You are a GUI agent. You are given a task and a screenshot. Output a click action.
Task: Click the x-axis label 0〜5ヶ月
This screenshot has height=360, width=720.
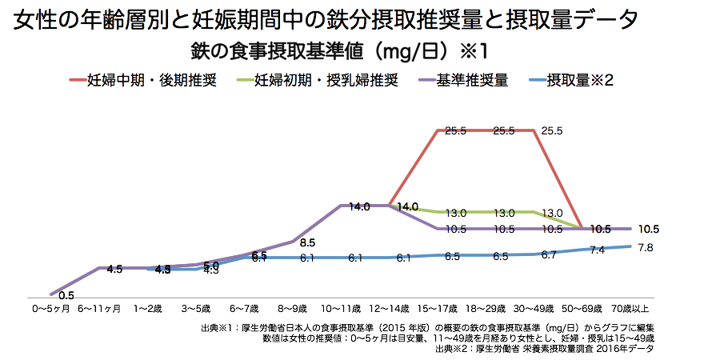click(x=51, y=307)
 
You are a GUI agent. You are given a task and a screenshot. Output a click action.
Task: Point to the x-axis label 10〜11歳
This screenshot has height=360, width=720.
click(x=340, y=307)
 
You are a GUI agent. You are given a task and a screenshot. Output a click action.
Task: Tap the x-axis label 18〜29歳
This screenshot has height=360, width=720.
click(x=486, y=307)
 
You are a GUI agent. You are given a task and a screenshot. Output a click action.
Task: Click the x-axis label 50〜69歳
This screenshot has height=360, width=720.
click(x=582, y=307)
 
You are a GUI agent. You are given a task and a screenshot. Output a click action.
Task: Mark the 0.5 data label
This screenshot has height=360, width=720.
click(x=66, y=295)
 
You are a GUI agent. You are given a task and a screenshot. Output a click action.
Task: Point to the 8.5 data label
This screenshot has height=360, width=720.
click(x=307, y=242)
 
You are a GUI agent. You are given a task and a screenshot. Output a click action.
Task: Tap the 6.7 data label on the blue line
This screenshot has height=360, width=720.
click(x=549, y=255)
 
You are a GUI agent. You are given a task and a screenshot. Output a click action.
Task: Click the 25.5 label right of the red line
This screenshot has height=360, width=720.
click(x=553, y=130)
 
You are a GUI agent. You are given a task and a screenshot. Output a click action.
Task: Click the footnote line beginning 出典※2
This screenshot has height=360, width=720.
click(x=544, y=349)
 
